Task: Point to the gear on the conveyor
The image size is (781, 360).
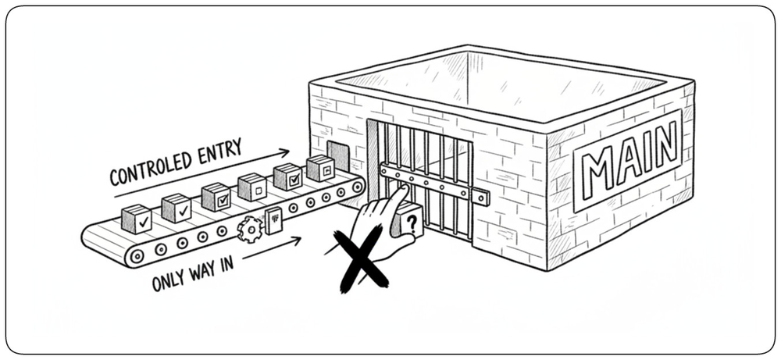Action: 250,230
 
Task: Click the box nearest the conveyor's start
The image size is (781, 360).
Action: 137,219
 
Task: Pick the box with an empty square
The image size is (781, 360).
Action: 252,187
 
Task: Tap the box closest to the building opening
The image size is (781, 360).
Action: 320,168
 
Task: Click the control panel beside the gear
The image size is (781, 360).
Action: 274,219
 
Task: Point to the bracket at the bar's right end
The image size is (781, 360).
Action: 480,197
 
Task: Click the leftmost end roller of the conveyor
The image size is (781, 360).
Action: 137,256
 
